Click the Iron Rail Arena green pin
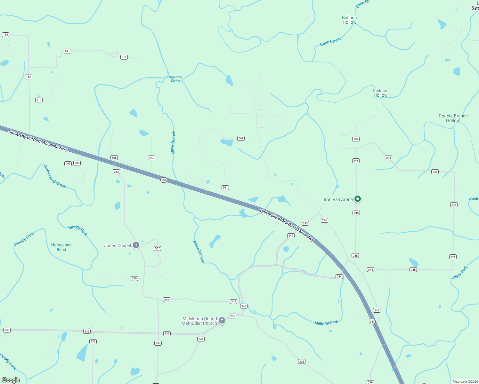tap(358, 199)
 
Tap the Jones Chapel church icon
tap(136, 245)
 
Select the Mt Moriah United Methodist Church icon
tap(222, 320)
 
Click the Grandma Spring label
tap(175, 79)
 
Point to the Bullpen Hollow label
tap(349, 20)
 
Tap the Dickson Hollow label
tap(380, 93)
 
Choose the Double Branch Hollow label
tap(453, 118)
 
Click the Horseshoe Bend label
tap(61, 247)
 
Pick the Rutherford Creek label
tap(55, 177)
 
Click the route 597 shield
tap(356, 139)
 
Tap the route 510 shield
tap(39, 100)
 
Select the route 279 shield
tap(134, 278)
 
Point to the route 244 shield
tap(339, 276)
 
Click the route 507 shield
tap(157, 248)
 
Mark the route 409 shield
tap(68, 164)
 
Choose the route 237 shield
tap(93, 341)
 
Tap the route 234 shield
tap(201, 339)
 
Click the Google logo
tap(11, 380)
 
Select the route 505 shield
tap(114, 157)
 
